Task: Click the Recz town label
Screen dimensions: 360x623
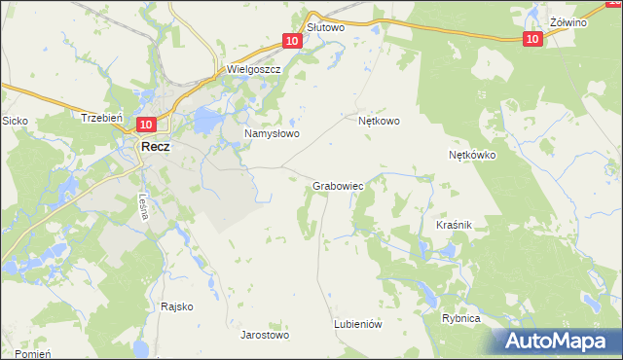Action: tap(156, 146)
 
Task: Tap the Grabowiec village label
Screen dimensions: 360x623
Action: tap(339, 185)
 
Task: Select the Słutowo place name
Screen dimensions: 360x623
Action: tap(326, 28)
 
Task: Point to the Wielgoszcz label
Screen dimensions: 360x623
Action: tap(253, 70)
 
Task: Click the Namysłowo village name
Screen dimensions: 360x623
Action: tap(271, 133)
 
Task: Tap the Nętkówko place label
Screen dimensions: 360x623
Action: tap(472, 155)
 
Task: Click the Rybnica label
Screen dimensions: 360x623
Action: tap(461, 318)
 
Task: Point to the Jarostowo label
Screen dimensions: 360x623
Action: tap(265, 335)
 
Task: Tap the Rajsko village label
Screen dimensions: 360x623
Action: tap(177, 306)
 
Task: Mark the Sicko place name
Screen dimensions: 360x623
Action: tap(15, 121)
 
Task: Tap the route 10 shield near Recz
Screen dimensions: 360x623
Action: tap(146, 125)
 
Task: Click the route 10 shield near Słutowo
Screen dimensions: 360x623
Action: tap(292, 41)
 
